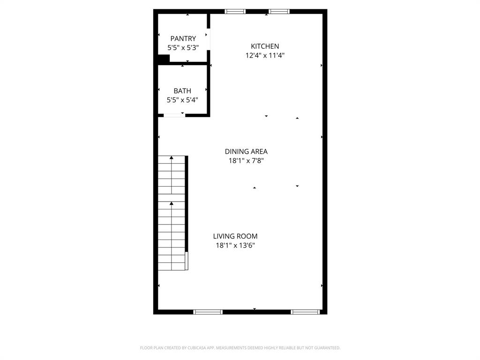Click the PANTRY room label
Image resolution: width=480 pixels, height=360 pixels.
183,38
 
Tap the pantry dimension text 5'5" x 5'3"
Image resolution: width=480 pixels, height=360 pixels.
183,47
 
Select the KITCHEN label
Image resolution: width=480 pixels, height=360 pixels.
265,46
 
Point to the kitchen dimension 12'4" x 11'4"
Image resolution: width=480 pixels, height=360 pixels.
265,55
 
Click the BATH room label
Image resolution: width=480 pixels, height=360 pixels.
182,90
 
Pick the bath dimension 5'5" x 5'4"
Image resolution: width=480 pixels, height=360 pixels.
182,100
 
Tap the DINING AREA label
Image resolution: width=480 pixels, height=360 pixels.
246,151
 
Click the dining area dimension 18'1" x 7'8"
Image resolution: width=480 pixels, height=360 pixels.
246,161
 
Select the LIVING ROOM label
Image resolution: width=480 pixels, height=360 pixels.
235,236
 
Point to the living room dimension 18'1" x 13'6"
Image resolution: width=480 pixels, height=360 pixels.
235,245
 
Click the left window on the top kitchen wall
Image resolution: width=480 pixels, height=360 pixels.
235,11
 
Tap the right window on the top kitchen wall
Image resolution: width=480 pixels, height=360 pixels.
279,11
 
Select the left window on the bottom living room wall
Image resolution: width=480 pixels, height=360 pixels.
208,312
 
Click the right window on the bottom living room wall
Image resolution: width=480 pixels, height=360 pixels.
305,312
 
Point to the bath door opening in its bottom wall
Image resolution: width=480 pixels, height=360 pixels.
174,115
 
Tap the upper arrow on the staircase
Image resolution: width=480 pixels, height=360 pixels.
172,157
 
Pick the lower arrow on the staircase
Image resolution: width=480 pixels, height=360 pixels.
172,203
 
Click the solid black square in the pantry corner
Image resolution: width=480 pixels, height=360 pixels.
163,59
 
